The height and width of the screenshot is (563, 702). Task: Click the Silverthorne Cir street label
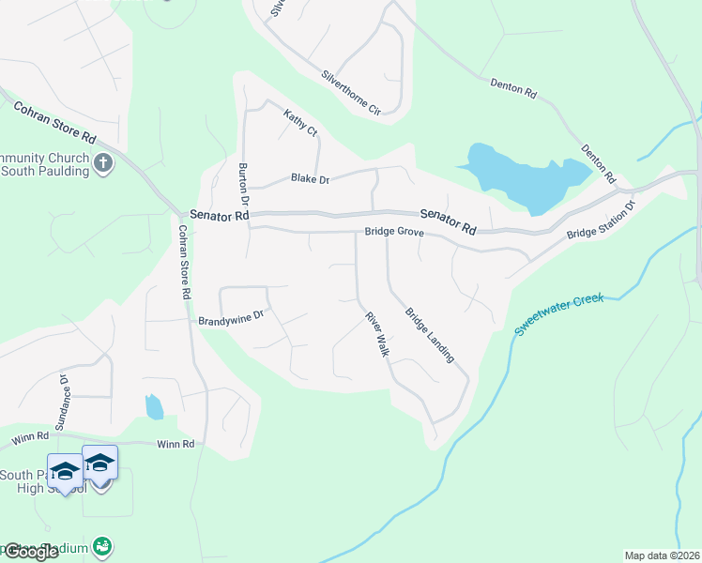pos(351,93)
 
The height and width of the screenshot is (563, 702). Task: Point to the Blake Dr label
pos(310,178)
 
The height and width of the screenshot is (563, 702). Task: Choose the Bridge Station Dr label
pos(602,220)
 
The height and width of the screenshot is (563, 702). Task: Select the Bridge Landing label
pos(430,335)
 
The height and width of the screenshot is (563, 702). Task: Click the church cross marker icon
pos(103,164)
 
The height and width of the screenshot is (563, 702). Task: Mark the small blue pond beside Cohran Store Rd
pos(154,406)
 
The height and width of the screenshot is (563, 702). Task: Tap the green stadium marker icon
pos(103,546)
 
